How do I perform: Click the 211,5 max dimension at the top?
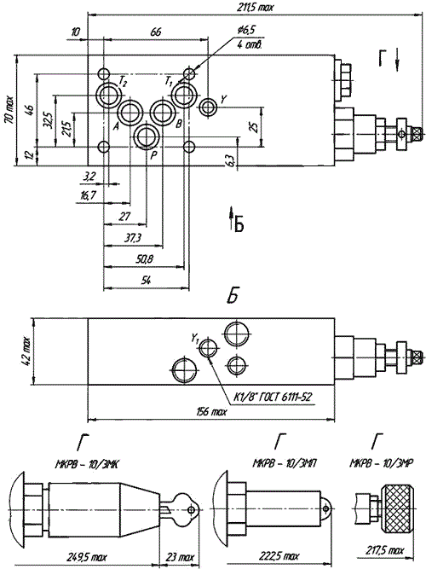point(256,8)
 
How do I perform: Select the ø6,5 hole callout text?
point(247,31)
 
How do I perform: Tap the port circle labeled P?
point(147,136)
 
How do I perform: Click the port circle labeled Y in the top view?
point(208,107)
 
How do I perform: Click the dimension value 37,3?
point(133,238)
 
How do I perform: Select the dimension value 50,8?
point(145,259)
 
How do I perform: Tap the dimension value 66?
point(156,32)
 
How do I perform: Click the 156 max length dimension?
point(212,412)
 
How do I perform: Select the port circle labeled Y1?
point(208,349)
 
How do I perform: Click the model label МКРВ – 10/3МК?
point(87,464)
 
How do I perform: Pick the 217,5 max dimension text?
point(384,551)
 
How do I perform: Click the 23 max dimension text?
point(180,557)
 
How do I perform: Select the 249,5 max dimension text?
point(87,557)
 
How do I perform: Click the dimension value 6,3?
point(232,158)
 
